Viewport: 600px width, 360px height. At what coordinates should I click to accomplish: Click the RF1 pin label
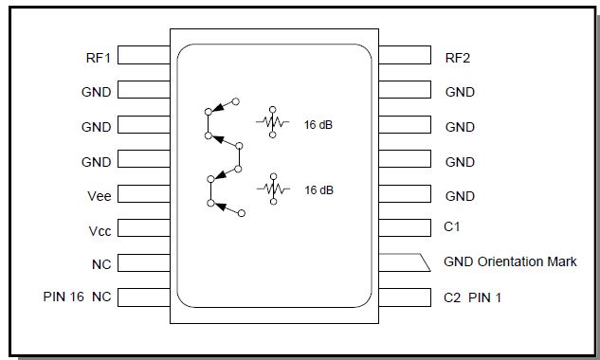98,57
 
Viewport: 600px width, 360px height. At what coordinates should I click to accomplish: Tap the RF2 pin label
458,57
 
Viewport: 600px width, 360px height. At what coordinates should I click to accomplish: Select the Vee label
99,196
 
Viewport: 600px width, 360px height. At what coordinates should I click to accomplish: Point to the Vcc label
99,231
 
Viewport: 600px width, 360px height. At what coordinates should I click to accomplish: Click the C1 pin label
452,227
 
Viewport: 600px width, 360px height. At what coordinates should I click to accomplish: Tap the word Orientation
509,261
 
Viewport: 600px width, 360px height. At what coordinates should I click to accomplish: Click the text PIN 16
64,297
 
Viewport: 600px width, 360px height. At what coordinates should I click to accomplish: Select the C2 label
452,297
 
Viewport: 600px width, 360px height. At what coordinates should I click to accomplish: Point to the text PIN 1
485,297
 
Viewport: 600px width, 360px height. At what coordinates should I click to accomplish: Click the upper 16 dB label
318,123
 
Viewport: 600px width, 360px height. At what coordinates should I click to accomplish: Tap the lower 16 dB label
318,189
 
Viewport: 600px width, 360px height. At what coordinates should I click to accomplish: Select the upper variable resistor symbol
272,122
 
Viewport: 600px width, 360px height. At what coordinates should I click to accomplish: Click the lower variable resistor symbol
272,189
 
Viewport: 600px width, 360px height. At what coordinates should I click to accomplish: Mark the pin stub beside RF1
144,56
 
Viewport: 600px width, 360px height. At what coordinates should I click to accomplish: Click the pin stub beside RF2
405,56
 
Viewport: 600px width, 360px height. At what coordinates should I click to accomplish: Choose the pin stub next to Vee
144,195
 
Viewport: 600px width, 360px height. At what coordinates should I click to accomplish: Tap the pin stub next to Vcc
144,230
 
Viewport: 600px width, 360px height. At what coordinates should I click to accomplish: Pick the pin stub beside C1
405,227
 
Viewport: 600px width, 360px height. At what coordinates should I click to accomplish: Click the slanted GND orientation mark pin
405,261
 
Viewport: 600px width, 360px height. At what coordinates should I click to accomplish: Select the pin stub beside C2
405,297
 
